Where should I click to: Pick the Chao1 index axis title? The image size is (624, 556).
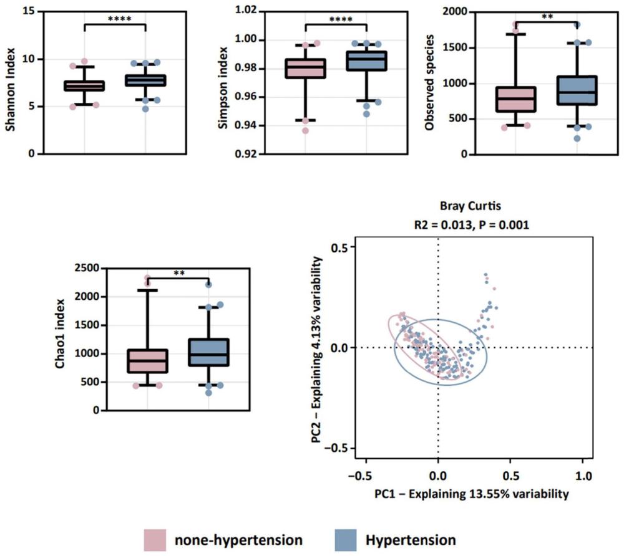coord(61,340)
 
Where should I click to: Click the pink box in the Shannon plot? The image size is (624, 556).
coord(84,85)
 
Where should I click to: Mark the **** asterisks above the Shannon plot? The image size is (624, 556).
coord(115,19)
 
